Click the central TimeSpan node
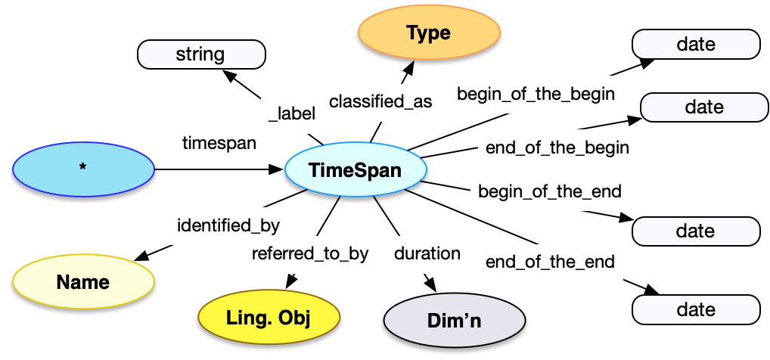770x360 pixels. click(354, 170)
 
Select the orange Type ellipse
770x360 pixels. click(428, 34)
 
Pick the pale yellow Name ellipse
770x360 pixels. click(83, 282)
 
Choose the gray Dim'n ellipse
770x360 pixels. click(455, 321)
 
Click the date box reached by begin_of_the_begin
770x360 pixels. click(696, 44)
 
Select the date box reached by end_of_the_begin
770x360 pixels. click(704, 107)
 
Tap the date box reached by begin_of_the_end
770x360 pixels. click(696, 231)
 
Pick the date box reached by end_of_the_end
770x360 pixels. click(696, 309)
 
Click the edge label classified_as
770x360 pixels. click(380, 102)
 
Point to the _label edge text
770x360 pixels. click(292, 113)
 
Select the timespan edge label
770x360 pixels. click(219, 142)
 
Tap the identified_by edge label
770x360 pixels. click(228, 225)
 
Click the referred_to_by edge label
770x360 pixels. click(310, 253)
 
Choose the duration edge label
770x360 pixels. click(427, 253)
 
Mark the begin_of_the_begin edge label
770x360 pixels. click(536, 94)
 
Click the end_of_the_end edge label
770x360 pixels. click(550, 262)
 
